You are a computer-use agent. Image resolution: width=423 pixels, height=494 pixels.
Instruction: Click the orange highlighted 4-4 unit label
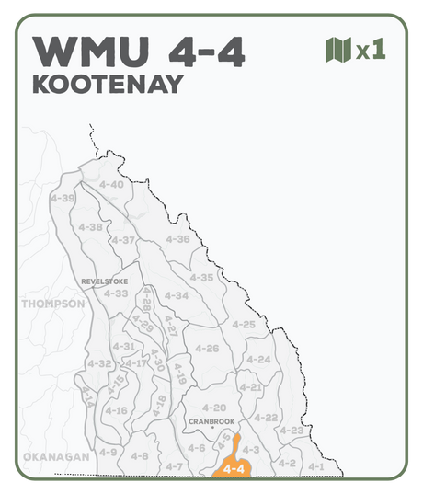233,468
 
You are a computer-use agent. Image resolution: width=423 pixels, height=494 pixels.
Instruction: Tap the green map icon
339,49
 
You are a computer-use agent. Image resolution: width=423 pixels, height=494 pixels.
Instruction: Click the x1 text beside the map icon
371,50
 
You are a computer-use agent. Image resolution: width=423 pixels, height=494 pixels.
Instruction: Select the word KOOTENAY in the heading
108,85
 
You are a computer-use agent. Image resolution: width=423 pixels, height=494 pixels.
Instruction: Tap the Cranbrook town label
211,421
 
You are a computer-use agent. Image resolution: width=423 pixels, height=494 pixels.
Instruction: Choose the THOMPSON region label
52,304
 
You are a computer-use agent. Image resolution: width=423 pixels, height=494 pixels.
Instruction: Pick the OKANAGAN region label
55,456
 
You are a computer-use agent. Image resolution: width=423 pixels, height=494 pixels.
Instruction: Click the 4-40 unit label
110,184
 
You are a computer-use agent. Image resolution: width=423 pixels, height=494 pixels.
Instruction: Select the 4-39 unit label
63,198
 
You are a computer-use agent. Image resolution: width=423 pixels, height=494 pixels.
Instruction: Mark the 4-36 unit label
177,239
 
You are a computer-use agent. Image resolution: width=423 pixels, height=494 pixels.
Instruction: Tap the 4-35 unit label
200,277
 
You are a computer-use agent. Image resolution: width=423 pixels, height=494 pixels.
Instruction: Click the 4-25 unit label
244,324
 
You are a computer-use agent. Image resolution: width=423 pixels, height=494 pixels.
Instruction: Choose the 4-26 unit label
207,349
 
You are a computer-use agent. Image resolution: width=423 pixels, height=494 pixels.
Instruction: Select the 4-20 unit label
213,407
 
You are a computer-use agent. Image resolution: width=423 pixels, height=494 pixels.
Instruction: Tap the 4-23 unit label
291,431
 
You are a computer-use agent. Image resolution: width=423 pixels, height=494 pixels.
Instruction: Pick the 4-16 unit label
116,410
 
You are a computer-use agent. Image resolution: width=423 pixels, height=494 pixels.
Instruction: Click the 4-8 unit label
139,456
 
